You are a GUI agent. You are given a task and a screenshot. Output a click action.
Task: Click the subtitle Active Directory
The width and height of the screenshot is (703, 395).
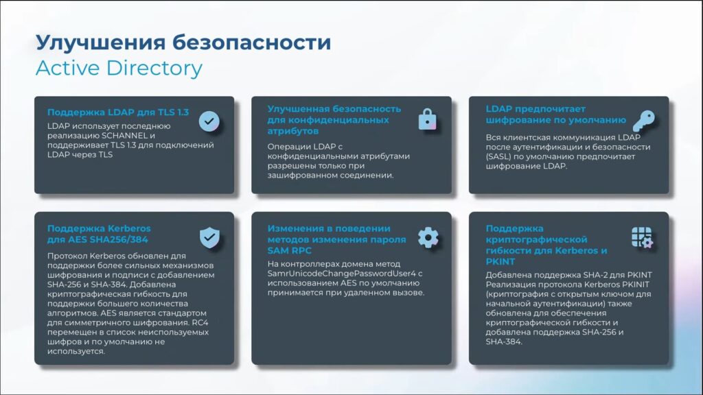[x=119, y=68]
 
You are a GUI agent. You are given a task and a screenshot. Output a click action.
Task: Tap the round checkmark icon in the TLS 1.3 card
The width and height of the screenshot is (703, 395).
[x=209, y=121]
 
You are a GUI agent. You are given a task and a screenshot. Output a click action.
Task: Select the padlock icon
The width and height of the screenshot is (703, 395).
[x=427, y=119]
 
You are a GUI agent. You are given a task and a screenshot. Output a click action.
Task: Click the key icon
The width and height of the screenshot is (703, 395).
[x=644, y=121]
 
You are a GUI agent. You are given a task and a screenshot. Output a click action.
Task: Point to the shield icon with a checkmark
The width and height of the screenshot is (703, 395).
[x=209, y=237]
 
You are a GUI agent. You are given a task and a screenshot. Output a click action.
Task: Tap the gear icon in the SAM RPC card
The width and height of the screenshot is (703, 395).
[x=428, y=237]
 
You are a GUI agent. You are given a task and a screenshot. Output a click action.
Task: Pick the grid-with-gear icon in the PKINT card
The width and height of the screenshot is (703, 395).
[x=642, y=237]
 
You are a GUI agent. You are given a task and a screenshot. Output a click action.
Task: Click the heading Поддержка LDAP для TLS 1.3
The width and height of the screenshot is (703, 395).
[x=118, y=112]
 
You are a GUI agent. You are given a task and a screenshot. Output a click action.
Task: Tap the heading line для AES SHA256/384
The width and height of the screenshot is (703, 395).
[x=97, y=239]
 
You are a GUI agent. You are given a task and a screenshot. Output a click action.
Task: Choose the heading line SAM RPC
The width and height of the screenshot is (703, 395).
[x=289, y=251]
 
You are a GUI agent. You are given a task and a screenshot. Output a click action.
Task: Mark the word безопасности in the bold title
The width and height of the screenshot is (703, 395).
[x=251, y=43]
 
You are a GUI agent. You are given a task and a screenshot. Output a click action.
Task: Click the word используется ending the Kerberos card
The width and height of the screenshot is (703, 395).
[x=76, y=352]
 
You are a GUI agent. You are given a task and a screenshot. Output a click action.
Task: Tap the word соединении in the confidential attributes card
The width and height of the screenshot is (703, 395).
[x=371, y=176]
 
